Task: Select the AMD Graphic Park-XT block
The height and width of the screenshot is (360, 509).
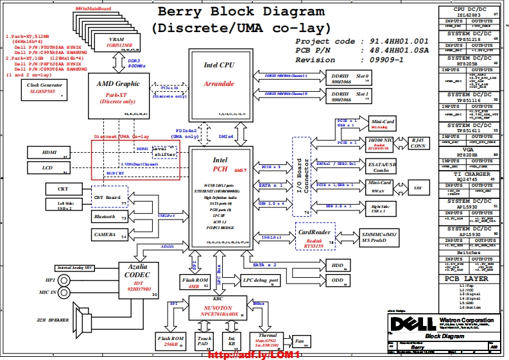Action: (118, 94)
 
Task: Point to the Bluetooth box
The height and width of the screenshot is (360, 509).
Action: (108, 217)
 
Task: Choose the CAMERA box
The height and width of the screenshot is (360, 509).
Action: (108, 236)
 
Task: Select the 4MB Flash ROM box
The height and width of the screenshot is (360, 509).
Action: (195, 282)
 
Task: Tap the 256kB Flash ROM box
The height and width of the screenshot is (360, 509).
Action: (171, 341)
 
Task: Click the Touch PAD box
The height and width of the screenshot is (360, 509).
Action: (204, 341)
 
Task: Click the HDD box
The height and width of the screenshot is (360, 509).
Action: (337, 264)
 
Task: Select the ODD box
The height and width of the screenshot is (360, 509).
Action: (337, 280)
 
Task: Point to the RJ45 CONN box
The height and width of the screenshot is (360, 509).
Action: (418, 142)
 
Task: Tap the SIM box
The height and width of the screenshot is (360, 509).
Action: (417, 188)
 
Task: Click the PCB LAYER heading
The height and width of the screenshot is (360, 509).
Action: (471, 279)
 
